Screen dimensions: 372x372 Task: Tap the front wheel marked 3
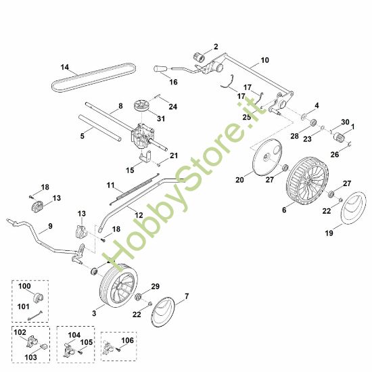tap(118, 285)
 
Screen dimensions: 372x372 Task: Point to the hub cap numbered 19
tap(353, 208)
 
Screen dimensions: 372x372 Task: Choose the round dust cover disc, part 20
tap(267, 158)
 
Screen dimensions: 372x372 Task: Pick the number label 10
tap(264, 60)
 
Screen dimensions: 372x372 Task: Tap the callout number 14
tap(65, 67)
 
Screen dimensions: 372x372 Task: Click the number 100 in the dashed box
tap(24, 286)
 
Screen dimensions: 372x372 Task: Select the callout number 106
tap(128, 340)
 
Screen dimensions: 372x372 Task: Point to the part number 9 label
tap(50, 226)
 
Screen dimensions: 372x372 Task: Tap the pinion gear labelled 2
tap(199, 57)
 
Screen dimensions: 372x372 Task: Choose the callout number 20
tap(239, 180)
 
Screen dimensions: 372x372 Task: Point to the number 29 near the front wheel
tap(155, 286)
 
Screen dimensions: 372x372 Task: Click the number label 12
tap(139, 215)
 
